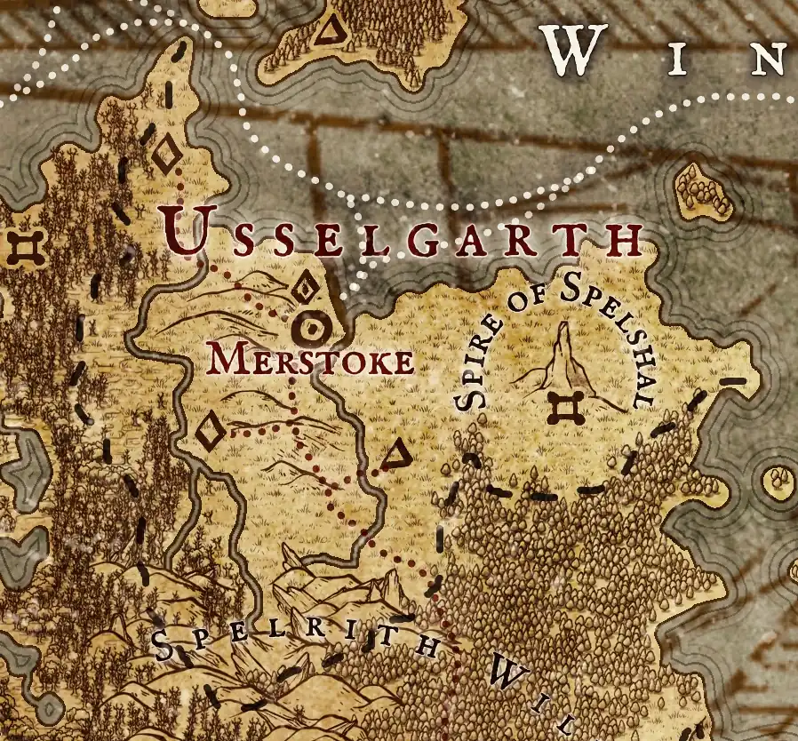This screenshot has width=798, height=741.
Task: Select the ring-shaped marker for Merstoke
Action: point(312,329)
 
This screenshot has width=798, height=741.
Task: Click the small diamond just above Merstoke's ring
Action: point(305,289)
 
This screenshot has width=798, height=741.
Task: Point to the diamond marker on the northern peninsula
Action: point(166,155)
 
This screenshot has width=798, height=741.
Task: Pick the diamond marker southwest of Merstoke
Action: point(210,433)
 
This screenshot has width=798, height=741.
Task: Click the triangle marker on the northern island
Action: point(331,31)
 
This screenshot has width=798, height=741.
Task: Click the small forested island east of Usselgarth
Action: point(703,189)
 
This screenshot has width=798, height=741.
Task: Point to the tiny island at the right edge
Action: point(780,482)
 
